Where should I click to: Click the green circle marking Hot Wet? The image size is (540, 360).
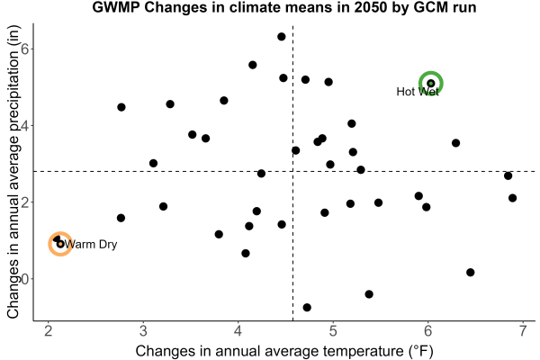coord(430,72)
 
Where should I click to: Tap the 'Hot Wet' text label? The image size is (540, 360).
coord(418,92)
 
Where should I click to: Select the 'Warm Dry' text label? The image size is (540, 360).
coord(91,244)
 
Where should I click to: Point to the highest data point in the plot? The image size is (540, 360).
coord(282,37)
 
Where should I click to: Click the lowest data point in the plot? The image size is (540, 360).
coord(307,307)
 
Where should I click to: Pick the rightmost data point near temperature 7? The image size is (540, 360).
coord(512,198)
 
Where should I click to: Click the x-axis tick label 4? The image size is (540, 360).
coord(238,330)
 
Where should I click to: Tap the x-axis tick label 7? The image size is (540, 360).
coord(523,330)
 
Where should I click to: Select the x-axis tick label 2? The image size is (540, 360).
coord(49,330)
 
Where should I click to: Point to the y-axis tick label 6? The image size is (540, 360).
coord(25,49)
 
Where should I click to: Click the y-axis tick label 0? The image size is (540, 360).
coord(25,279)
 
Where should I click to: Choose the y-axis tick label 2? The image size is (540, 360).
coord(25,202)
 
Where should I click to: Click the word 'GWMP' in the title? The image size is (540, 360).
coord(116,7)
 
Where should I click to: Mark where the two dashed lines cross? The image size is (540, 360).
coord(292,171)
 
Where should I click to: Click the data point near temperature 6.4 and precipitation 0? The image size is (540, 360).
coord(470,272)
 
